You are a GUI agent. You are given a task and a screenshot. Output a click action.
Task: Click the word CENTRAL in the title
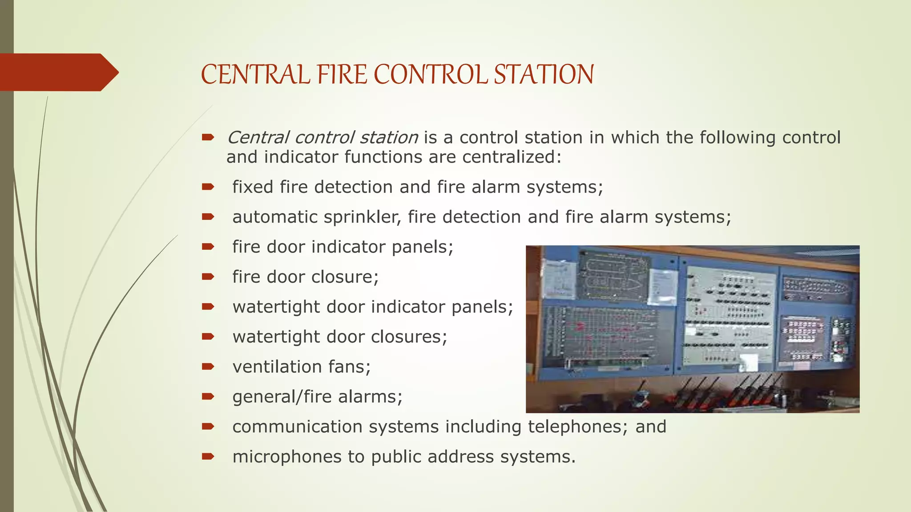255,74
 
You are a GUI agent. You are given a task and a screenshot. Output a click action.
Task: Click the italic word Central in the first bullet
258,138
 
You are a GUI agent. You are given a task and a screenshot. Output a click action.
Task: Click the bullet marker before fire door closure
208,277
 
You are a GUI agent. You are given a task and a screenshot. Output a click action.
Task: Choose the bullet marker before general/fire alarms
208,396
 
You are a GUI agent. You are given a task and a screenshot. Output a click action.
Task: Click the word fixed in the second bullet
253,187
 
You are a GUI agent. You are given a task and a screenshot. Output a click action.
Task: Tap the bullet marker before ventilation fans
208,367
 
